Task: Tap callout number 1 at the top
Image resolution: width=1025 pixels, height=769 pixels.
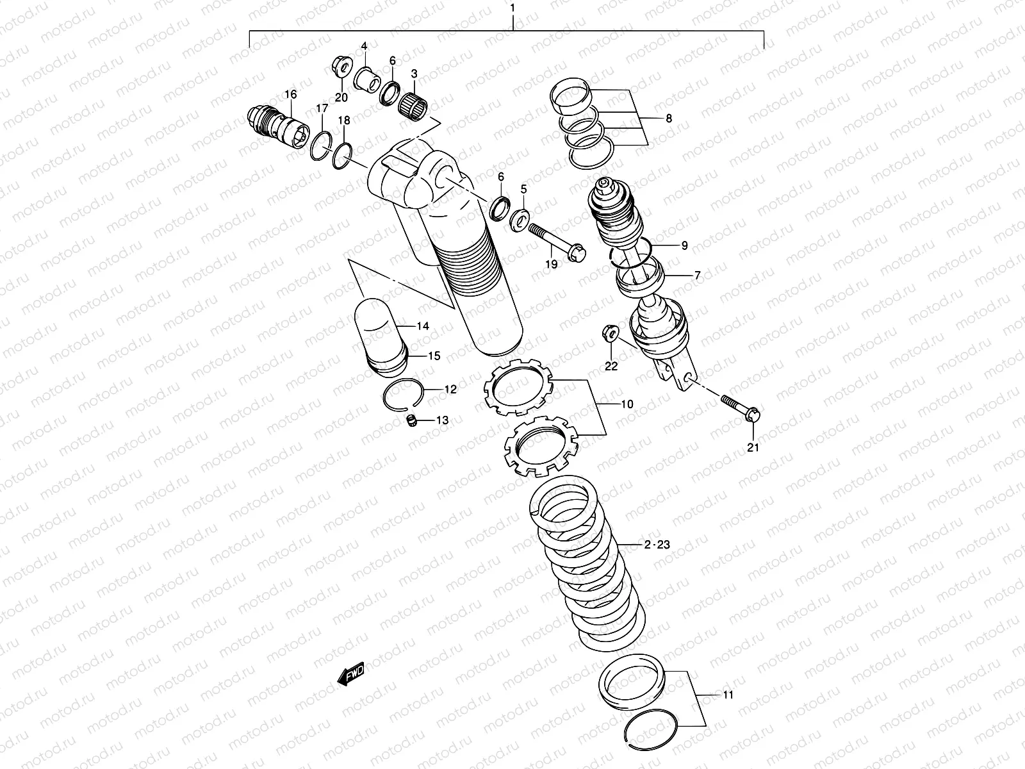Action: [512, 8]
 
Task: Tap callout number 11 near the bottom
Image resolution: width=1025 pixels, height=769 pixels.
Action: [728, 695]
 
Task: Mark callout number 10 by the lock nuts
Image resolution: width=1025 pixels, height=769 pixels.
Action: [627, 404]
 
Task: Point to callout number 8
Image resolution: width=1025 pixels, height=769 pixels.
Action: [668, 119]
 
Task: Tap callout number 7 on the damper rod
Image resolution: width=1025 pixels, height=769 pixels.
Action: [697, 276]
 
